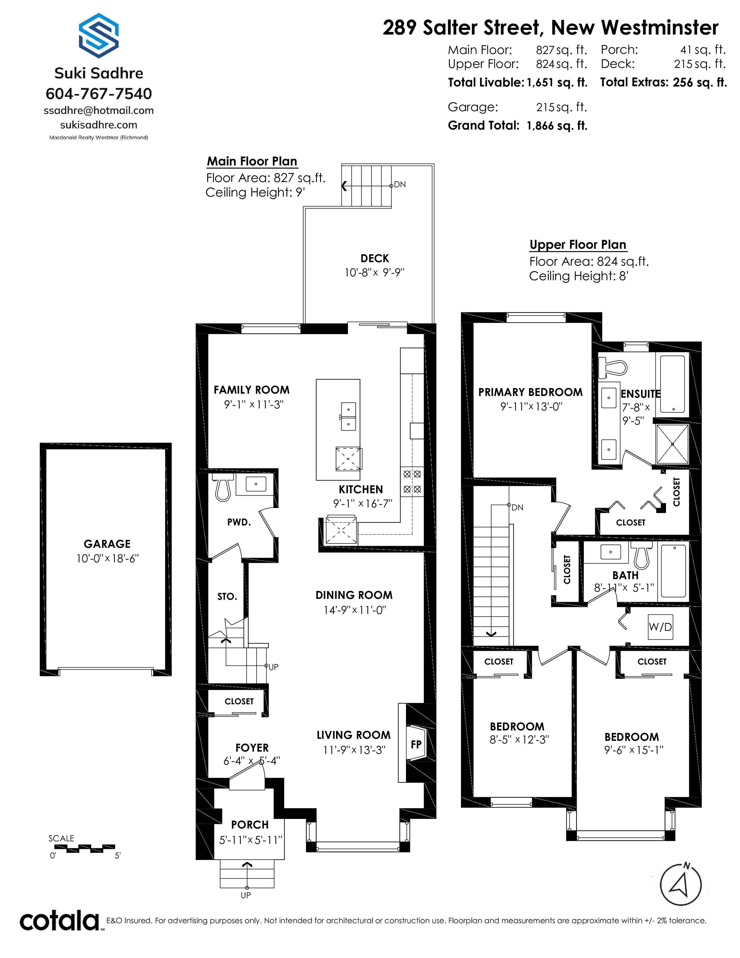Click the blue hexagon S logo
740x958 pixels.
(x=99, y=36)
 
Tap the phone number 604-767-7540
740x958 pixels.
(x=99, y=93)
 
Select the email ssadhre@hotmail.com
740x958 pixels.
(x=99, y=111)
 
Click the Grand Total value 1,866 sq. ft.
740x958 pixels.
(x=557, y=126)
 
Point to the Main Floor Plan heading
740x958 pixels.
(x=252, y=161)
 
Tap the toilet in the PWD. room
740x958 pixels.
(x=223, y=487)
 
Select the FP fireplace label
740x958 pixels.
(x=416, y=744)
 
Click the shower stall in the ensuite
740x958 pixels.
(x=672, y=444)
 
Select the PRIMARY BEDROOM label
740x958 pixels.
(x=530, y=392)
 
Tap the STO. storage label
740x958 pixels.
(x=227, y=597)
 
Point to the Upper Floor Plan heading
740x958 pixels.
(x=578, y=245)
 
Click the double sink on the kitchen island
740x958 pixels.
(x=349, y=416)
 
